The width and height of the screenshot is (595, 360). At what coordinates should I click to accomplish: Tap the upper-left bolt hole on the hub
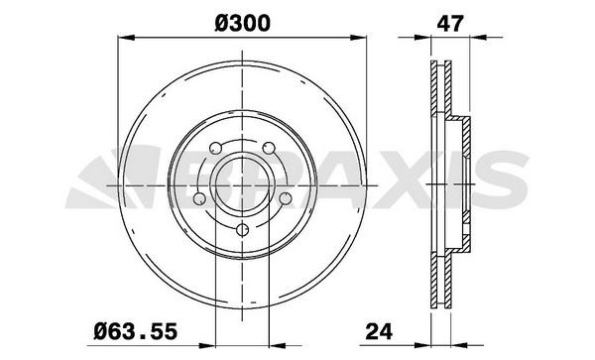(217, 150)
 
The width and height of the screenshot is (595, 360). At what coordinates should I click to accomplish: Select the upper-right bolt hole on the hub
(269, 150)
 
